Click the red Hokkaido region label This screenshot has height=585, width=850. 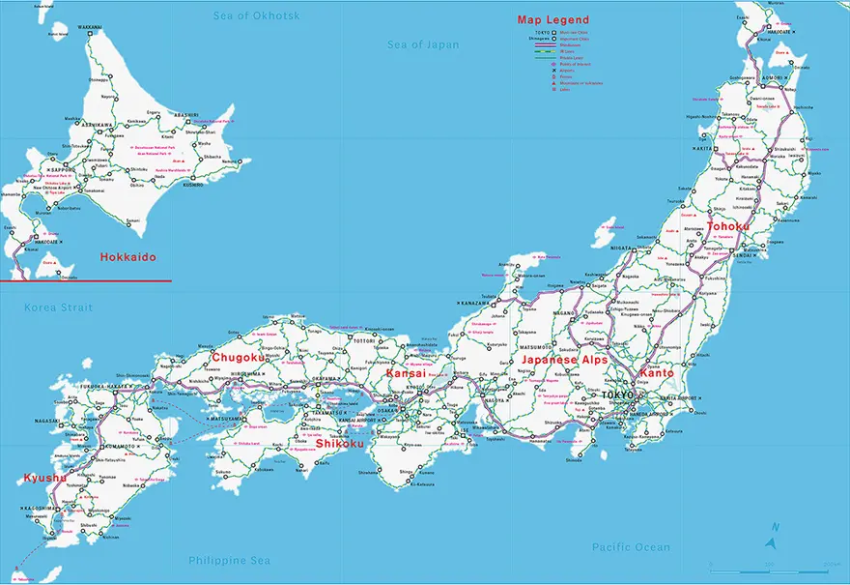pos(128,258)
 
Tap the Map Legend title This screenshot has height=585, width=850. pos(552,19)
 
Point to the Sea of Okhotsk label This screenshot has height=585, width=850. pos(256,15)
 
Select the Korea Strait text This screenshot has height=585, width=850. pos(59,307)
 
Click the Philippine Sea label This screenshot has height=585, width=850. pos(229,560)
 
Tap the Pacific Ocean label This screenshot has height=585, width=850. pos(631,547)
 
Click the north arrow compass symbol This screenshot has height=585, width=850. pos(773,530)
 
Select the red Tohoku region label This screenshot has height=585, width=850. pos(727,226)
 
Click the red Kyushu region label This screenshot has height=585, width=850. pos(45,478)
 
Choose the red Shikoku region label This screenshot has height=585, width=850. pos(340,444)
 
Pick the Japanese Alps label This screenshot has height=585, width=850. pos(563,360)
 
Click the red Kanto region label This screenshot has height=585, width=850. pos(657,372)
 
